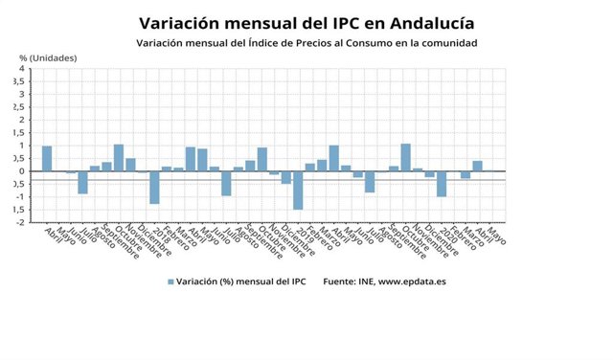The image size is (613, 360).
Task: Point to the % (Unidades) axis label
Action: click(48, 57)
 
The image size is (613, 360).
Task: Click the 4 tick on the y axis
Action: click(23, 69)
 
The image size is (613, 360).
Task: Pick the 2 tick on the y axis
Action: click(23, 120)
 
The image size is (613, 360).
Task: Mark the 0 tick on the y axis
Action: click(23, 171)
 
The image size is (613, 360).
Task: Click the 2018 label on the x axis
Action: click(155, 231)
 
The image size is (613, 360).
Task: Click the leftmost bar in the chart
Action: click(47, 159)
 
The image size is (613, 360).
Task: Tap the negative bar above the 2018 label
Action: click(154, 188)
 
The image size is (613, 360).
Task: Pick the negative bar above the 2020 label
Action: click(442, 184)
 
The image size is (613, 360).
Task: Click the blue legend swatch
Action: click(170, 281)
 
